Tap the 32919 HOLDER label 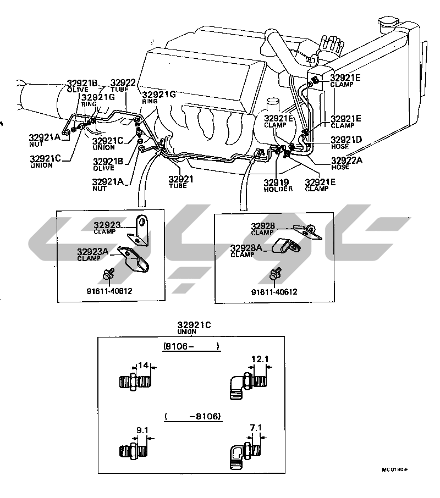point(277,185)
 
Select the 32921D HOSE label point(346,142)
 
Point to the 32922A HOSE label point(346,164)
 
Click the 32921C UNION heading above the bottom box point(194,328)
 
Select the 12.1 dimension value point(260,359)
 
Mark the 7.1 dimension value point(256,427)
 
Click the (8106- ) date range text point(191,346)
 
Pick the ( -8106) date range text point(193,417)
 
